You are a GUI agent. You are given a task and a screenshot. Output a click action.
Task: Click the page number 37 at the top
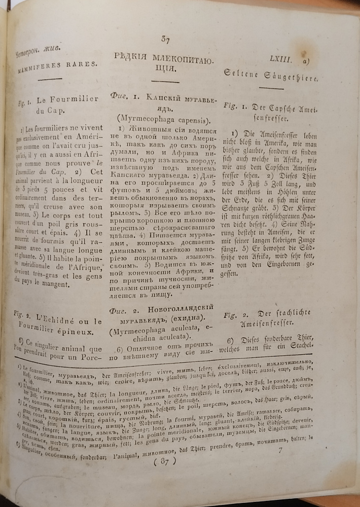165,39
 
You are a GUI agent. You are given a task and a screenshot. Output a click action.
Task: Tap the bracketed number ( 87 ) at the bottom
163,460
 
